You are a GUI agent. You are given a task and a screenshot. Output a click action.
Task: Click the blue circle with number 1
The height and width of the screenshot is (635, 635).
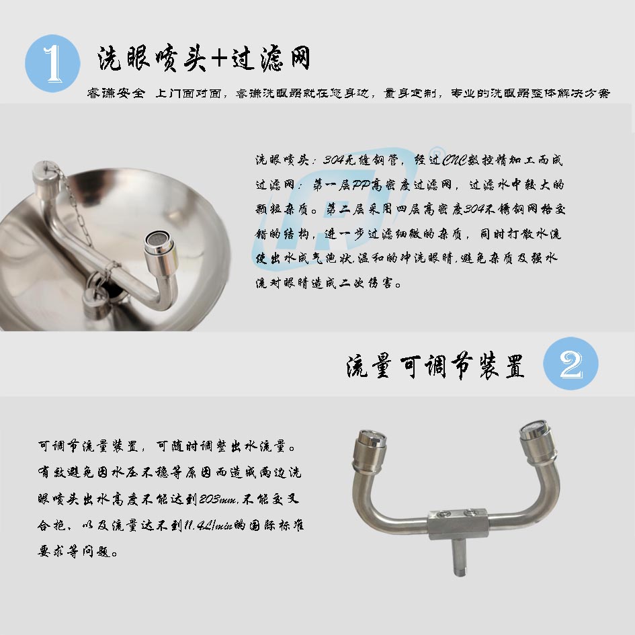coord(52,64)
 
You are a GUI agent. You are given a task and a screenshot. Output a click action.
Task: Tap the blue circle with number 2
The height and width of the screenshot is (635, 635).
coord(570,364)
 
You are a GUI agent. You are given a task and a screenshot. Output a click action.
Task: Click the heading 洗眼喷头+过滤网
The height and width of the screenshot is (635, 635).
coord(204,58)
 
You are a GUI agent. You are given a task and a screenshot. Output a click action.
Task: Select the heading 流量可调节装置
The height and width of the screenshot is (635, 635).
coord(435,366)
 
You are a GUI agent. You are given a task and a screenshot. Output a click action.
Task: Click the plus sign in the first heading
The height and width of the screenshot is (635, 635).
coord(219,58)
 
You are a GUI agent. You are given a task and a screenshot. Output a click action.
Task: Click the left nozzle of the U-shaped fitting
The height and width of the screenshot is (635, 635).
coord(370,449)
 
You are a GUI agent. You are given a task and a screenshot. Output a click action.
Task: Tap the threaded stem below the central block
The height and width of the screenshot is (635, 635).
coord(459,558)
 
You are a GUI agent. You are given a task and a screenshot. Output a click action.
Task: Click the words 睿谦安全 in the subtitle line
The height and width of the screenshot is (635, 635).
coord(116,93)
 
